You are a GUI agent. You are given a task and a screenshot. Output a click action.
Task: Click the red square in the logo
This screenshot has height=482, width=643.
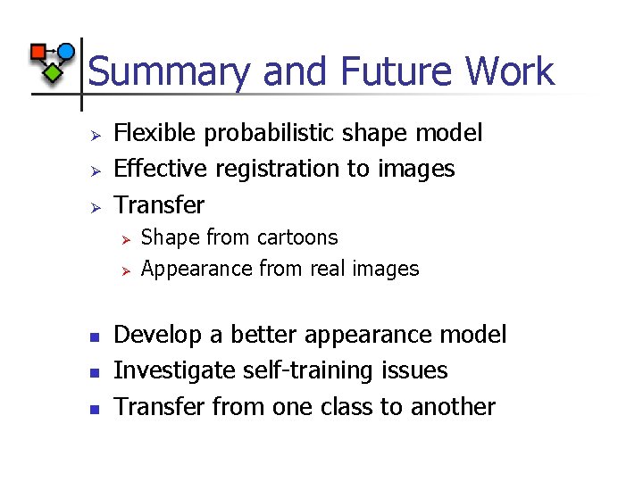(x=39, y=52)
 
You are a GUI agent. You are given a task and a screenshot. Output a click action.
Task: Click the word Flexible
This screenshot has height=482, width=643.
(x=156, y=134)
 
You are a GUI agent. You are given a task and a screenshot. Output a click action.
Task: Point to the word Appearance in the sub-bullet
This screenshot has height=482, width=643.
(x=196, y=269)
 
